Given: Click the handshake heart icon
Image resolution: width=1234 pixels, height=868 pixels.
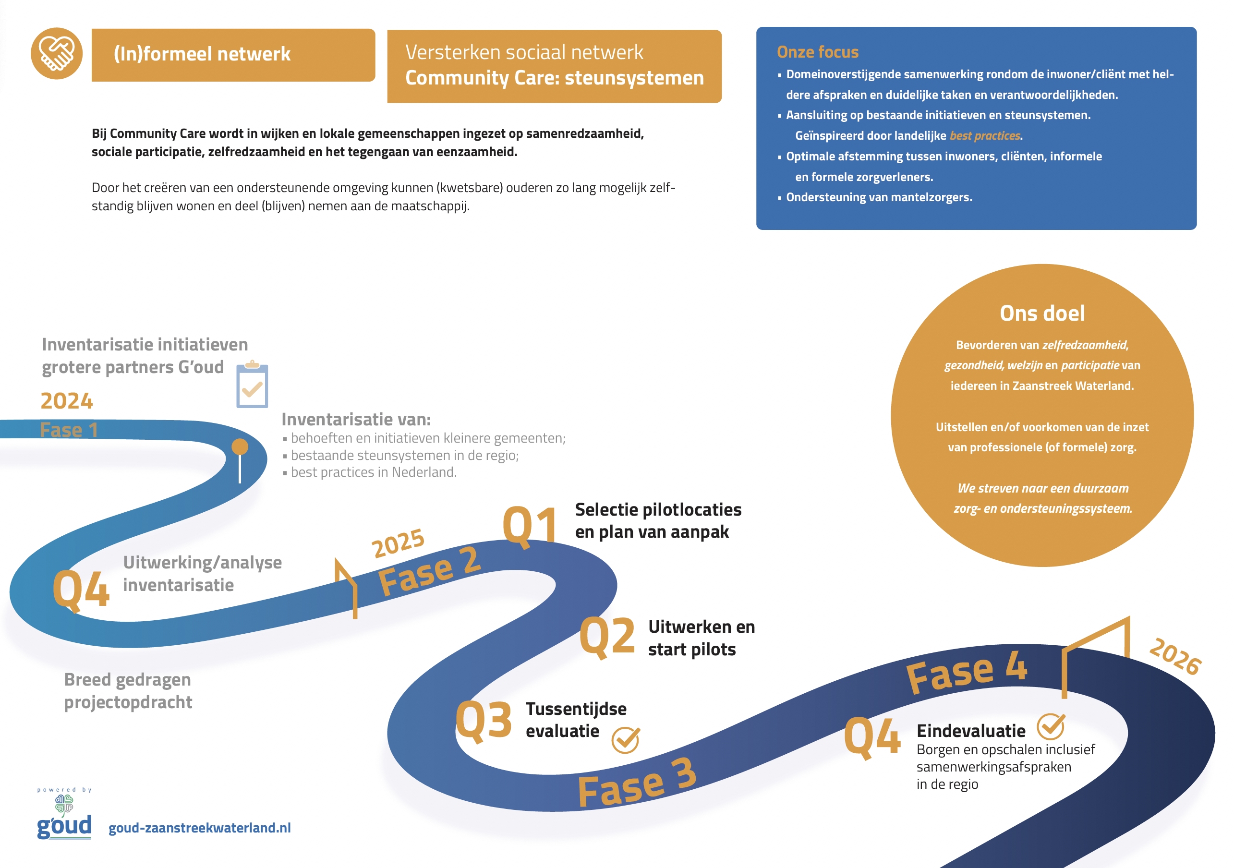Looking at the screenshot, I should pyautogui.click(x=57, y=53).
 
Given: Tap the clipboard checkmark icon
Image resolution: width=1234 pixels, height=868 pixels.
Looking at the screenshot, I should pyautogui.click(x=252, y=385).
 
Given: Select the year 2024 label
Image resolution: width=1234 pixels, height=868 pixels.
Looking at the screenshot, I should pyautogui.click(x=67, y=401).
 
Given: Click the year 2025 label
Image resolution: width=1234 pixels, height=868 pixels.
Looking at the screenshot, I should pyautogui.click(x=398, y=543).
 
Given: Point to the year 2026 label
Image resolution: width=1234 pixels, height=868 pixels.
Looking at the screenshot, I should pyautogui.click(x=1175, y=656).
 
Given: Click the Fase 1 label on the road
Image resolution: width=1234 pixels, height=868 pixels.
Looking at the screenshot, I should pyautogui.click(x=69, y=430).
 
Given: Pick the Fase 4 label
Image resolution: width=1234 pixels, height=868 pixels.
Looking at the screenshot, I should pyautogui.click(x=967, y=671).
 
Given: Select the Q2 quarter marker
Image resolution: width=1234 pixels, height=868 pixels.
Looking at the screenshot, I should pyautogui.click(x=607, y=637).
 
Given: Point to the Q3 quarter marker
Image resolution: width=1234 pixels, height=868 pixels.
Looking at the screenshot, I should pyautogui.click(x=483, y=720).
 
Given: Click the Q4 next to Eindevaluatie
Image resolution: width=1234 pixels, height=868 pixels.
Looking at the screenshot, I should pyautogui.click(x=872, y=737).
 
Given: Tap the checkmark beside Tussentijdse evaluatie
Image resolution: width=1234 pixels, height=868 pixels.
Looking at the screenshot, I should pyautogui.click(x=625, y=740).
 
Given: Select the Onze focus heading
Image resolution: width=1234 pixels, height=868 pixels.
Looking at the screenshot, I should pyautogui.click(x=818, y=52).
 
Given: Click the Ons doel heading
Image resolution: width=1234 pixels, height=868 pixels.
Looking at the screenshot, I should pyautogui.click(x=1041, y=313).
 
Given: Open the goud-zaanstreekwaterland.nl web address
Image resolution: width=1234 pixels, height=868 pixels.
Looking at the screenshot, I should pyautogui.click(x=199, y=828).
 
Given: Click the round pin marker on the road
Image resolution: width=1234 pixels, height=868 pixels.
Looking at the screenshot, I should pyautogui.click(x=240, y=447).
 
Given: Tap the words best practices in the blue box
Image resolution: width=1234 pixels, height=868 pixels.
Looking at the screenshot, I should pyautogui.click(x=985, y=136).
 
